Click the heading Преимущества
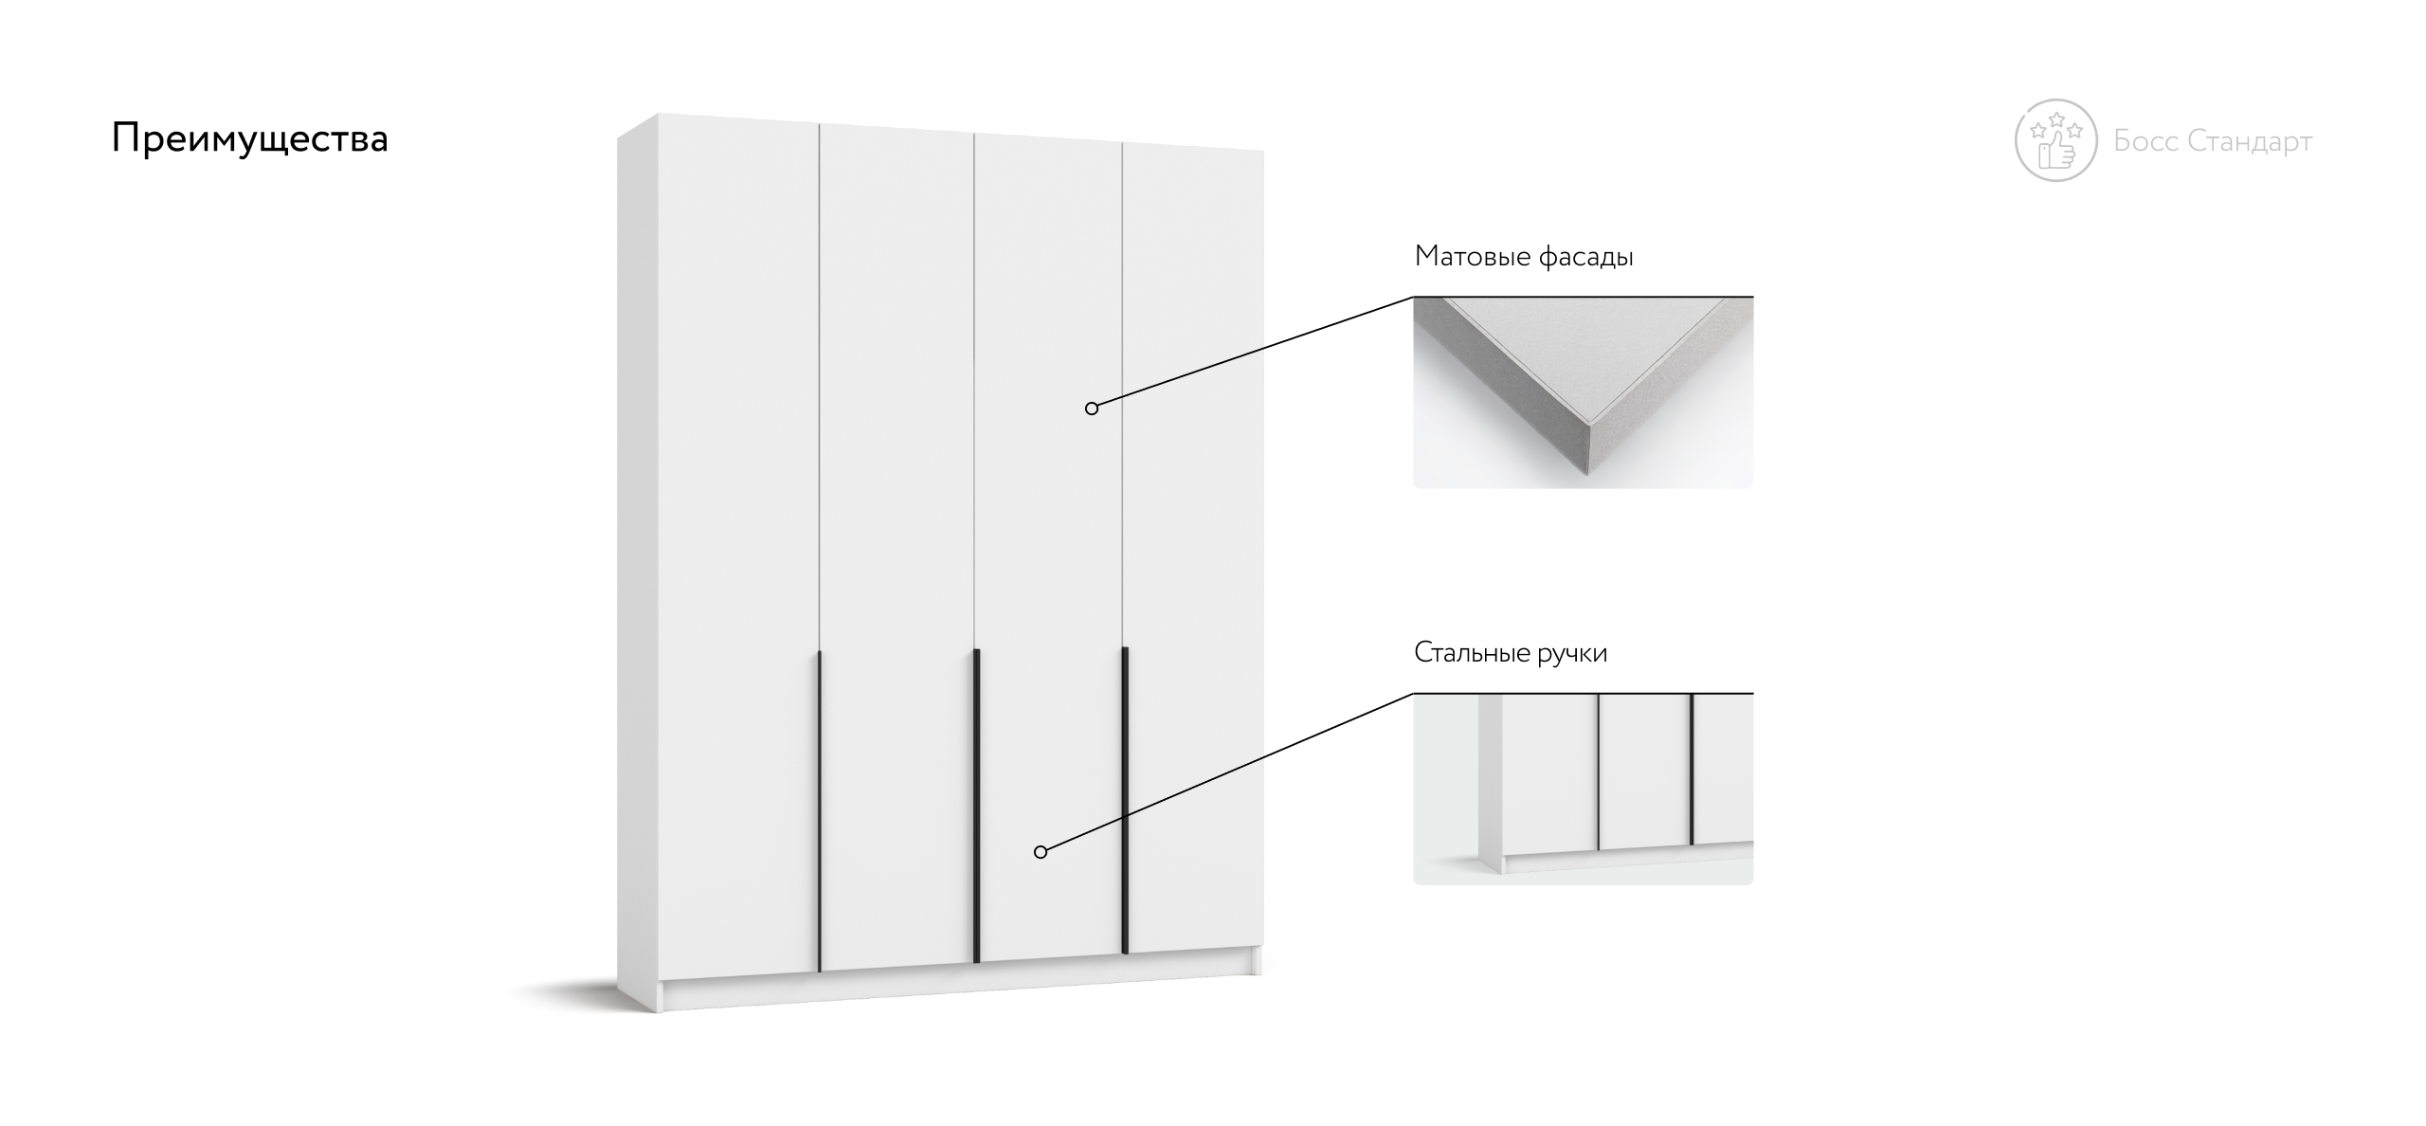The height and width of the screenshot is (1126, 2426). pos(250,139)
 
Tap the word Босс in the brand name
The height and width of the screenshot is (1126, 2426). pos(2146,141)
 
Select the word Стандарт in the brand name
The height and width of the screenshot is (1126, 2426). pos(2251,141)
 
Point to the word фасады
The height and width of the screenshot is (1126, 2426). pos(1585,257)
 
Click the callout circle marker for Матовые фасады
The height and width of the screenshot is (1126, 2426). pos(1092,409)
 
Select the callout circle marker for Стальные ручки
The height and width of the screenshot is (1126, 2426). pos(1041,852)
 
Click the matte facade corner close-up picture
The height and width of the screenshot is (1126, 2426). pos(1584,393)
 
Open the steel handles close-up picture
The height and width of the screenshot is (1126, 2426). pos(1584,790)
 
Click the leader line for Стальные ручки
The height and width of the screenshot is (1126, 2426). pos(1230,772)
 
